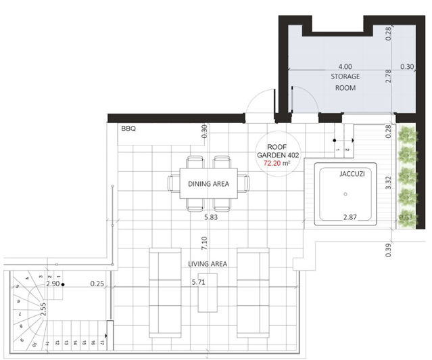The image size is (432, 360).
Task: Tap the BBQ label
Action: click(128, 128)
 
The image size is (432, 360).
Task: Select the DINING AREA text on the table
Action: click(208, 183)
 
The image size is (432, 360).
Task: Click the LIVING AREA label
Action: click(208, 263)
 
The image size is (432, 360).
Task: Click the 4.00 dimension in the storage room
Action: click(345, 67)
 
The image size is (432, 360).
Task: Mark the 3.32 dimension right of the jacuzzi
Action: click(389, 183)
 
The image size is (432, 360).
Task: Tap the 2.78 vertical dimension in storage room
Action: click(388, 76)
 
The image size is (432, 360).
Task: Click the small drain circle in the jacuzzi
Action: click(345, 194)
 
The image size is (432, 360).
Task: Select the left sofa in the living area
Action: click(165, 292)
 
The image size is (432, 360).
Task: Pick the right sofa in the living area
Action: click(253, 292)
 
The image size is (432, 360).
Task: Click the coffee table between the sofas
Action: click(208, 292)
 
